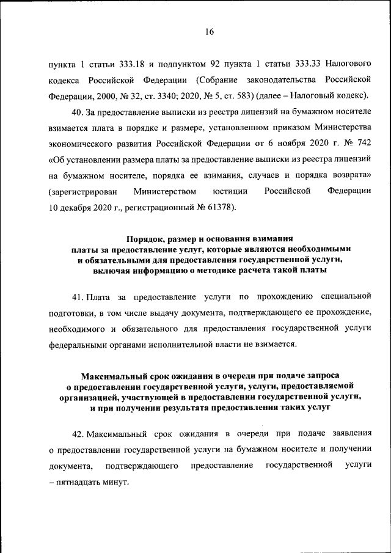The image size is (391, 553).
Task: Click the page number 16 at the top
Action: (208, 32)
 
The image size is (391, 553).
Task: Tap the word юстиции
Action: (230, 192)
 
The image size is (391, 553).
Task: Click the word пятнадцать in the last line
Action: (79, 482)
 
